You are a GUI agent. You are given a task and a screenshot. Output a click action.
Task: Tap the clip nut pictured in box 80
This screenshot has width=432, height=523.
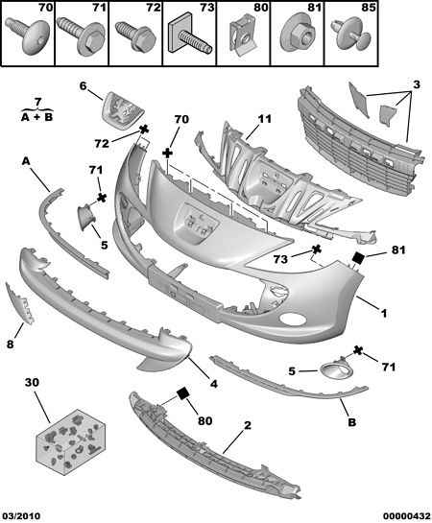(x=243, y=36)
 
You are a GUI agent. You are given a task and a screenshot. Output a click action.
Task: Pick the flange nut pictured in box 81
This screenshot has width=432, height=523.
(x=297, y=34)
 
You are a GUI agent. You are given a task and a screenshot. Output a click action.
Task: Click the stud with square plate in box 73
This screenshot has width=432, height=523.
(x=188, y=36)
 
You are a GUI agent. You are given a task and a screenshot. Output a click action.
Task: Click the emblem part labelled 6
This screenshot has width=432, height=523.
(x=122, y=109)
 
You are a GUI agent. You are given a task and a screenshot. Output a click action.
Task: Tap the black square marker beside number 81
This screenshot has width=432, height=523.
(x=359, y=257)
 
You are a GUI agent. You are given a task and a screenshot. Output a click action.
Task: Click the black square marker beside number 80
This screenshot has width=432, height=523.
(x=183, y=392)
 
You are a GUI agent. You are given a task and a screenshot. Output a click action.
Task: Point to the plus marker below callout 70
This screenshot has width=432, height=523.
(x=168, y=154)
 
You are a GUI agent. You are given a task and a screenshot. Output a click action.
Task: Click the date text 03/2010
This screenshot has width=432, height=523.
(x=20, y=516)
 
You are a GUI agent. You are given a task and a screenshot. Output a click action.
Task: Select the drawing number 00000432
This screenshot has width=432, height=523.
(x=407, y=516)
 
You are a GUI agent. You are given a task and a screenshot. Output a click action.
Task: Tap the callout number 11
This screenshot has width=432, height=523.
(x=265, y=119)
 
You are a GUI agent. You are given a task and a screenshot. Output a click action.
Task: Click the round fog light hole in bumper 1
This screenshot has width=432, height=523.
(x=293, y=320)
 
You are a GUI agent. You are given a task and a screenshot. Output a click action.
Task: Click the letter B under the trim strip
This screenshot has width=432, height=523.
(x=352, y=422)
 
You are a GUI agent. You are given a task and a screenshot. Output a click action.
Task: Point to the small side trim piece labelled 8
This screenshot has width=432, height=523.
(x=20, y=303)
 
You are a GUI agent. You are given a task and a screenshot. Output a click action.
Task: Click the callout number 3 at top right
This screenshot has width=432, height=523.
(x=417, y=84)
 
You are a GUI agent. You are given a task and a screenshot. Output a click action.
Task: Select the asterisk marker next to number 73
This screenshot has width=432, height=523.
(x=316, y=250)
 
